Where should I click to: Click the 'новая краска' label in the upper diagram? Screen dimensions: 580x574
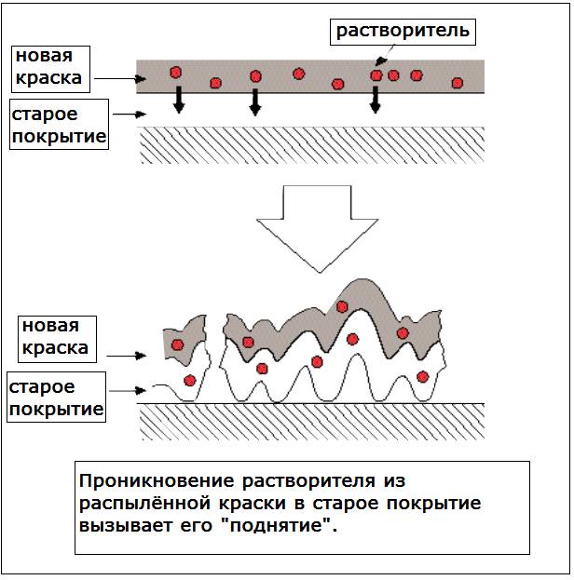click(48, 67)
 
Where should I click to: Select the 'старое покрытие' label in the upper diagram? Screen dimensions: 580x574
click(57, 127)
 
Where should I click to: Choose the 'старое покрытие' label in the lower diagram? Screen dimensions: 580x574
click(54, 397)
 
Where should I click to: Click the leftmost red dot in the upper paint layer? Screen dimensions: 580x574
click(174, 72)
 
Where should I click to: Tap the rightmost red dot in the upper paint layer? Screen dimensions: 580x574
click(457, 82)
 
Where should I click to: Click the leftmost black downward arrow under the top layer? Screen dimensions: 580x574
click(178, 101)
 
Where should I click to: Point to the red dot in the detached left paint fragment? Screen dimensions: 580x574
click(177, 344)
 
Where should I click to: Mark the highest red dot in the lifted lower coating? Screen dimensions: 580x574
click(343, 306)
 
